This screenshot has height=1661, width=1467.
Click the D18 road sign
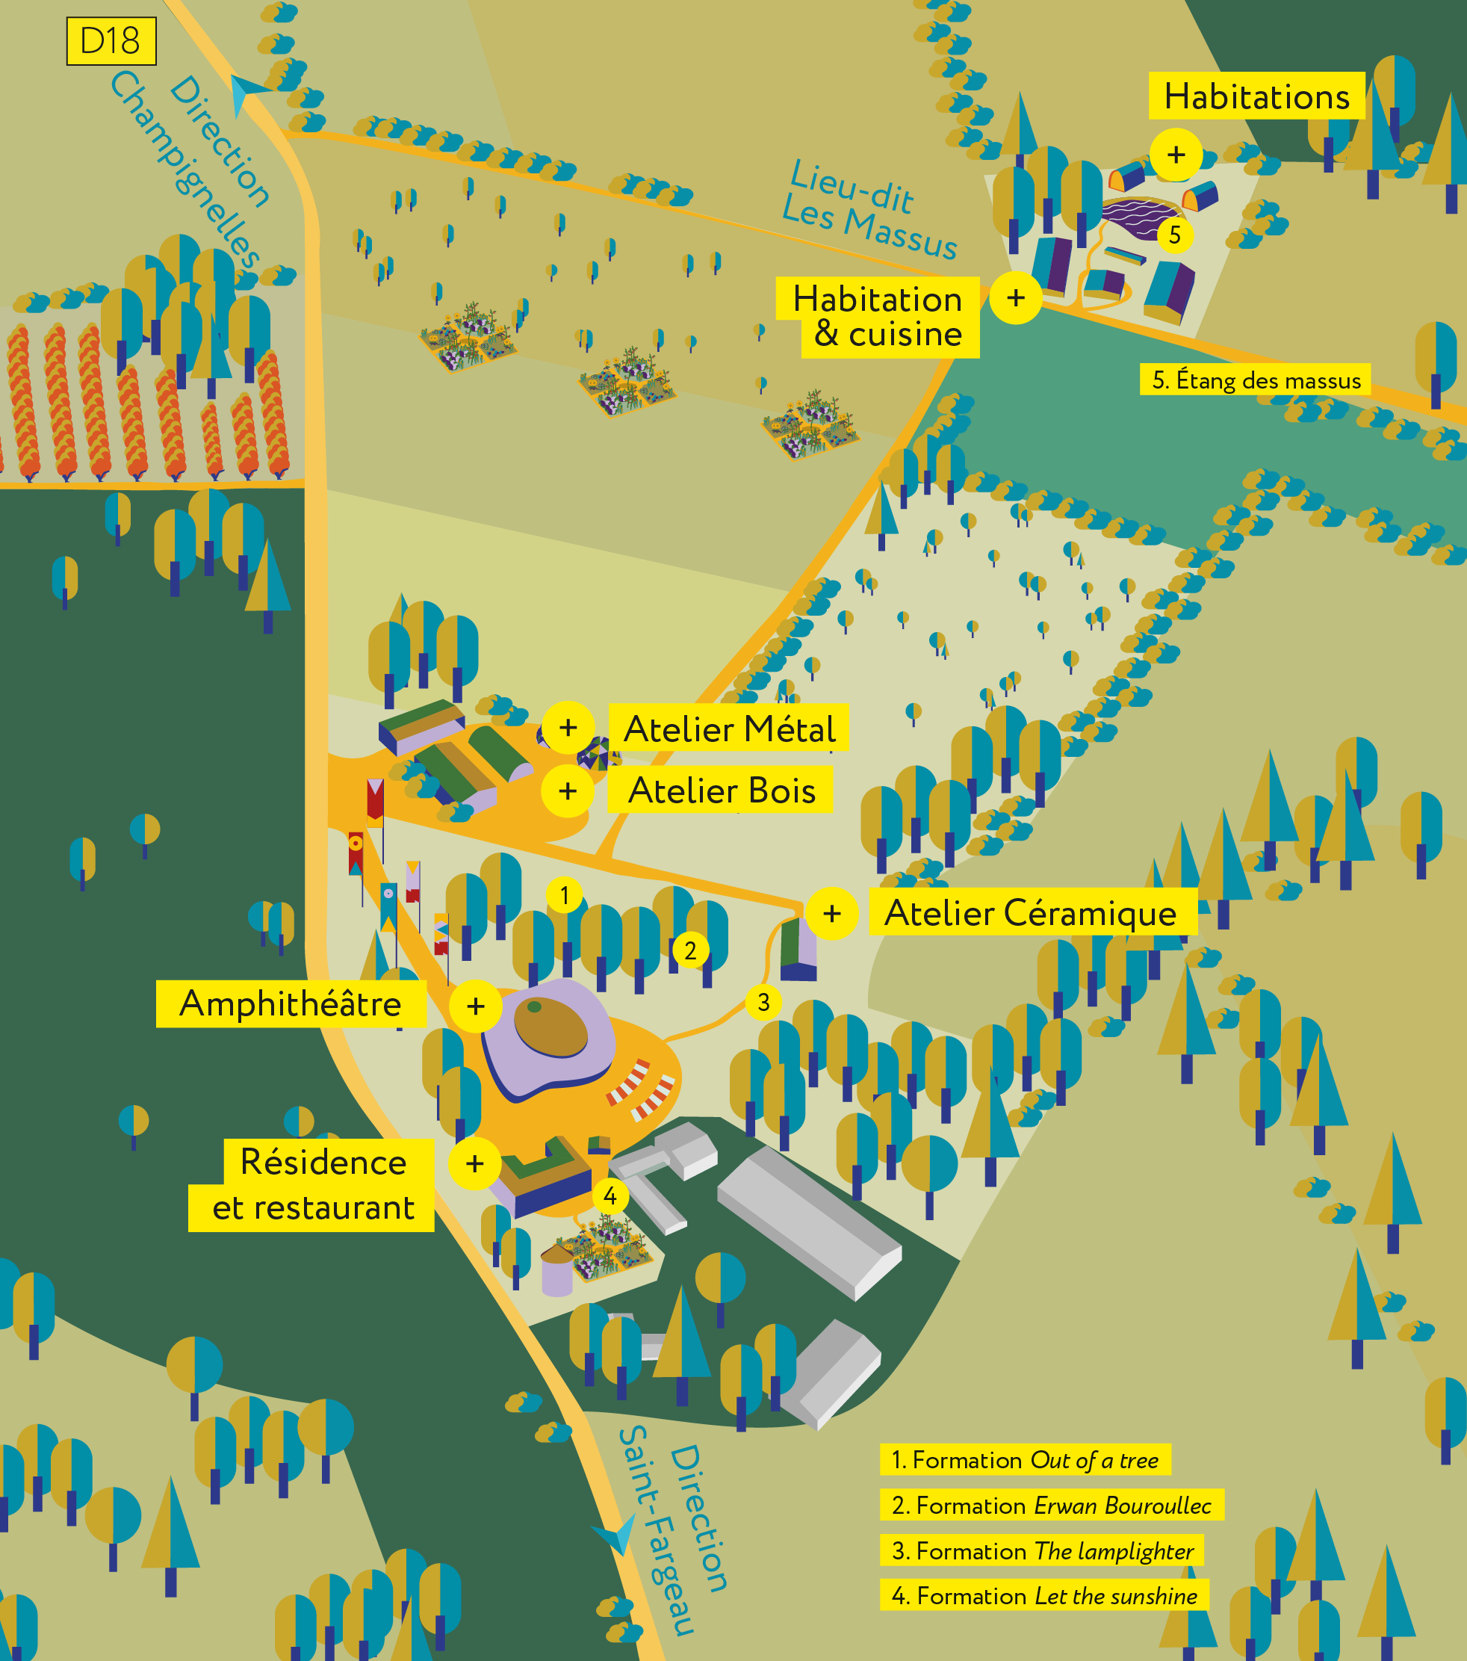111,41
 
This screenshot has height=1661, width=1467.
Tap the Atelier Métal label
728,728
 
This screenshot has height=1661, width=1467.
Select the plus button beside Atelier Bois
568,790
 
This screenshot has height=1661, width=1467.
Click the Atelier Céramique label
1032,912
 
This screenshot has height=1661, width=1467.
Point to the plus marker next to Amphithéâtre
476,1006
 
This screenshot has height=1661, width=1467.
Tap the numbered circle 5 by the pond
1175,235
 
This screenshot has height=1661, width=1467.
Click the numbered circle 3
763,1002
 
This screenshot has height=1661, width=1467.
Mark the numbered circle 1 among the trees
565,896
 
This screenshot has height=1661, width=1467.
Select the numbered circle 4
610,1196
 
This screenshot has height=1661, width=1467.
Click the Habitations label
1256,96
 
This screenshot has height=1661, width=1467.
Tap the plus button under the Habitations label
1176,155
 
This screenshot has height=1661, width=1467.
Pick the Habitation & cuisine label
878,317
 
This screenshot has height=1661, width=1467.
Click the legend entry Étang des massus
1256,380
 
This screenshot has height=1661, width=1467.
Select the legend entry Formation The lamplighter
1042,1550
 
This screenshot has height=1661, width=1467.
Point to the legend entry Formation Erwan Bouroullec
1051,1505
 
